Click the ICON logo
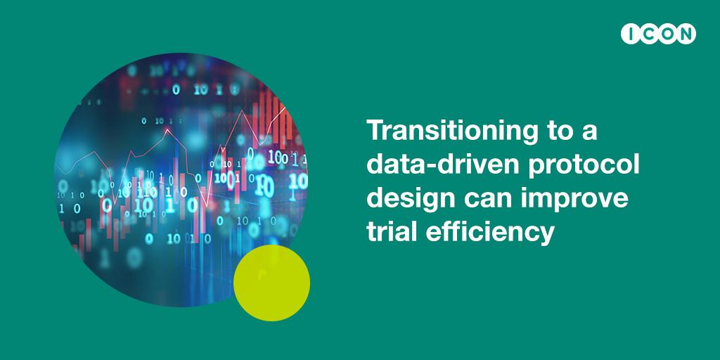coord(658,34)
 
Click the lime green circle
coord(271,283)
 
